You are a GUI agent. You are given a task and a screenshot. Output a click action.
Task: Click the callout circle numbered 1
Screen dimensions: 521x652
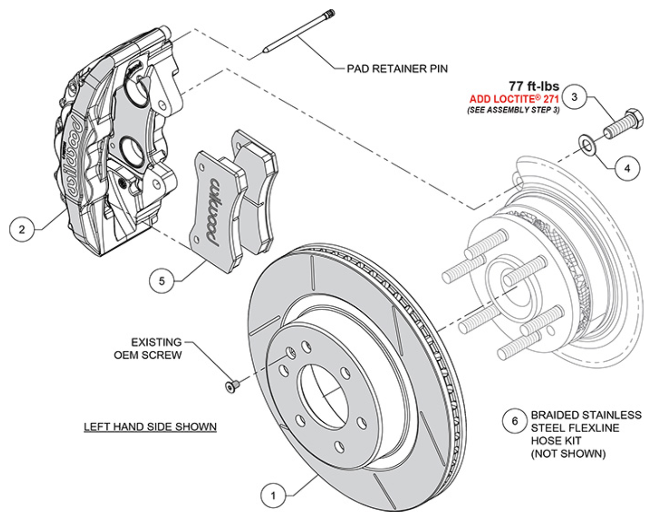[273, 495]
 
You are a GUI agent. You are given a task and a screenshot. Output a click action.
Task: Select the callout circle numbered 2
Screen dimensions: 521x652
[22, 230]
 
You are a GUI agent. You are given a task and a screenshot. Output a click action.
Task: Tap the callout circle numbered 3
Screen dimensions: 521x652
[575, 97]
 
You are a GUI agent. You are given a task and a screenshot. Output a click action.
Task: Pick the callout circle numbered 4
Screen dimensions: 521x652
[627, 167]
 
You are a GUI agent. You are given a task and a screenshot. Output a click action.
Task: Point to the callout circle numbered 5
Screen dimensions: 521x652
[162, 281]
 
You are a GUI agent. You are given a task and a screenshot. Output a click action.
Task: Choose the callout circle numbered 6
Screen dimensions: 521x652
[515, 421]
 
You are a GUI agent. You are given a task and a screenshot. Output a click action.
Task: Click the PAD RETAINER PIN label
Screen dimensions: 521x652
[397, 69]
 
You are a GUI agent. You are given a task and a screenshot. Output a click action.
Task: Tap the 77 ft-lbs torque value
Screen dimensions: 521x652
[534, 86]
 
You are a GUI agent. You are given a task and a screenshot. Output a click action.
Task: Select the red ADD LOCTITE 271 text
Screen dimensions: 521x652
[514, 99]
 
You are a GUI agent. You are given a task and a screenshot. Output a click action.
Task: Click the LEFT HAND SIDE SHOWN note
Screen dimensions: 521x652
[150, 427]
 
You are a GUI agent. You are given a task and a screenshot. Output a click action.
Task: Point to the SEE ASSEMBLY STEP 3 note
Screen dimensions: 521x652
[513, 110]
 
